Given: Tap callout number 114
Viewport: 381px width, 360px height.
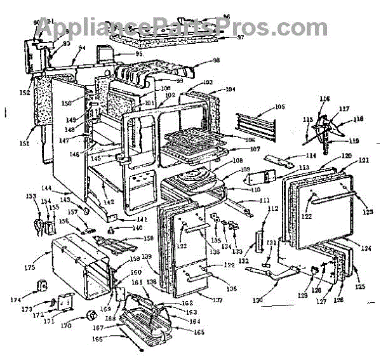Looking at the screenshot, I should pyautogui.click(x=293, y=155).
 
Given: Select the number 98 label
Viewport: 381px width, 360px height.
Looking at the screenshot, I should pyautogui.click(x=217, y=60).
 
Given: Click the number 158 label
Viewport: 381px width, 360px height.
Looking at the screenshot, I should pyautogui.click(x=149, y=238).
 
